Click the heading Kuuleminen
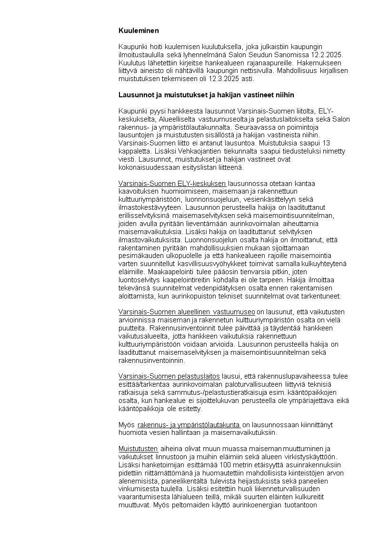pyautogui.click(x=139, y=31)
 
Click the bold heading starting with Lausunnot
pyautogui.click(x=206, y=95)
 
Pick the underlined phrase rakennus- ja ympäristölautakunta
pyautogui.click(x=189, y=424)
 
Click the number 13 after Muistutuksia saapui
pyautogui.click(x=326, y=143)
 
